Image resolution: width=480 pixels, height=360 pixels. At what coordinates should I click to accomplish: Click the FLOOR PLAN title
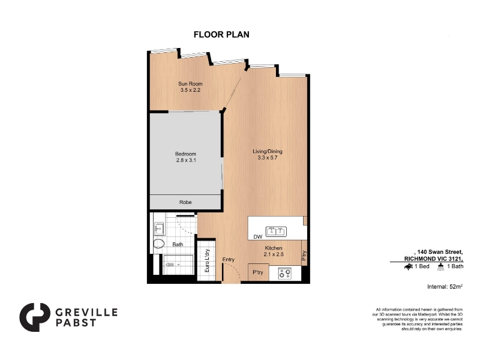tap(221, 35)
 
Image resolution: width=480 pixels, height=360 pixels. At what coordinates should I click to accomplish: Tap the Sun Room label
tap(190, 83)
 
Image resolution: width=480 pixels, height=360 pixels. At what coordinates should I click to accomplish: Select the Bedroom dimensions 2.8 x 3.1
tap(186, 160)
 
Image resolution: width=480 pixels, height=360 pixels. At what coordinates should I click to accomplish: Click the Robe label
tap(185, 202)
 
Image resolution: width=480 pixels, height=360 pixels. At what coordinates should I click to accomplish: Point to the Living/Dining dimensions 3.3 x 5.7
tap(268, 158)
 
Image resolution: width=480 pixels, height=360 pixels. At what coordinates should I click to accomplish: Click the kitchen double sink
tap(276, 232)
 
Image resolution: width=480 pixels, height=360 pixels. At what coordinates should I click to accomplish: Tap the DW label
tap(258, 236)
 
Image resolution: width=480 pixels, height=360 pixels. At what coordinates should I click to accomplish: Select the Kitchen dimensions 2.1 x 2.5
tap(274, 254)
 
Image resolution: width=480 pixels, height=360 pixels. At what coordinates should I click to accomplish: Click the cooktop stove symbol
tap(285, 273)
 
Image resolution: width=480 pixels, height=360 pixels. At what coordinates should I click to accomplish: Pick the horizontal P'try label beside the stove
tap(258, 272)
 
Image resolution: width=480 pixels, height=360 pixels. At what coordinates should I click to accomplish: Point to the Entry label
tap(229, 260)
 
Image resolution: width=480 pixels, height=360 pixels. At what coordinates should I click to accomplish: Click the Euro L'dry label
tap(207, 261)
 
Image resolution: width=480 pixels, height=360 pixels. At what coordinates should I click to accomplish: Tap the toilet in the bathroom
tap(159, 244)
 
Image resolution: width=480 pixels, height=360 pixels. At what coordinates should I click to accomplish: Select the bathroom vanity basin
tap(159, 229)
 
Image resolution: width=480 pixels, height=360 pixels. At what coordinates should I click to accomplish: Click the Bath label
tap(178, 244)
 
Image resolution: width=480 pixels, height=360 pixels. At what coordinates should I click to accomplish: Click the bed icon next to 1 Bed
tap(409, 266)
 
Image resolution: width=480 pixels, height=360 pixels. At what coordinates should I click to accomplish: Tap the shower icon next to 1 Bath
tap(440, 266)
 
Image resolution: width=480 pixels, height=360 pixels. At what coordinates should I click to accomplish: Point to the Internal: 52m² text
tap(445, 287)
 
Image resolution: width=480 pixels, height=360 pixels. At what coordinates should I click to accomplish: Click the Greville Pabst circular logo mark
tap(34, 317)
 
